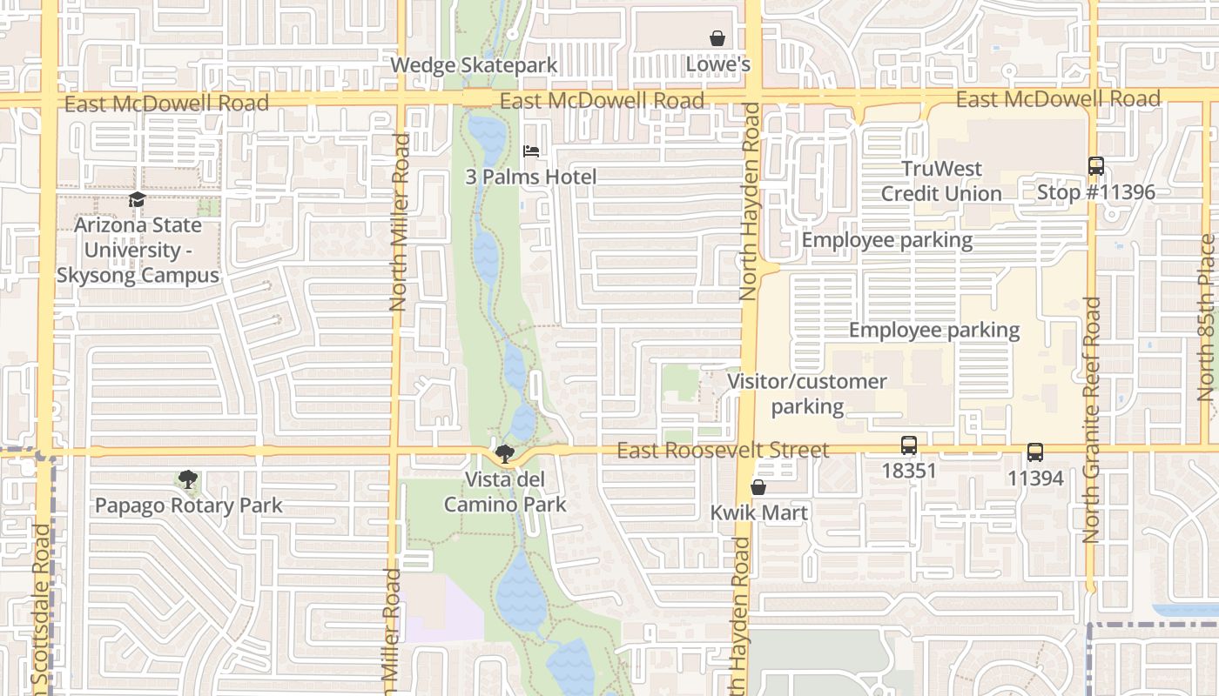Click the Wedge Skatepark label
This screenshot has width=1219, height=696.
point(474,65)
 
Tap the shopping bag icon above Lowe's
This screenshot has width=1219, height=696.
point(717,38)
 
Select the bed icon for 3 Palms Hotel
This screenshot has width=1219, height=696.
point(531,151)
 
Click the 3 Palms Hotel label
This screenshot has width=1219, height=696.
point(531,177)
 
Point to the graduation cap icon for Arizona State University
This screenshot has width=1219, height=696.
point(137,200)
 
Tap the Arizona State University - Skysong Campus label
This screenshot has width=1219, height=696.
point(138,251)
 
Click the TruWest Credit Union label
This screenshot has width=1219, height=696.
point(941,181)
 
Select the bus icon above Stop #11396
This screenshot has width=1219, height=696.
point(1096,166)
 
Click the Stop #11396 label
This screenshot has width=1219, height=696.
point(1096,192)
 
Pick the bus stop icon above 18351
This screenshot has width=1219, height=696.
point(909,445)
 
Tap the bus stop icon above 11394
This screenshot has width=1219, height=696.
point(1035,452)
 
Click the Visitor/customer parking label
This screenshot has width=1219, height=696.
point(807,394)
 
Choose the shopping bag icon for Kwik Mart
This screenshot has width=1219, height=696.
point(758,487)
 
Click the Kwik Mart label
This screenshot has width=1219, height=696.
point(759,512)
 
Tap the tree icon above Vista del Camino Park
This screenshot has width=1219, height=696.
point(504,453)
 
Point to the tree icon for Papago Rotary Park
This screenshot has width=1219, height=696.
point(187,479)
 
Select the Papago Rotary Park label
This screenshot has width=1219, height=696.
point(189,505)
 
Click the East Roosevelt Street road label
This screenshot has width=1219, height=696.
point(723,451)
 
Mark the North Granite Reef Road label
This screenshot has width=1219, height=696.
point(1093,420)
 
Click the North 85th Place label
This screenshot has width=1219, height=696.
point(1206,318)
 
